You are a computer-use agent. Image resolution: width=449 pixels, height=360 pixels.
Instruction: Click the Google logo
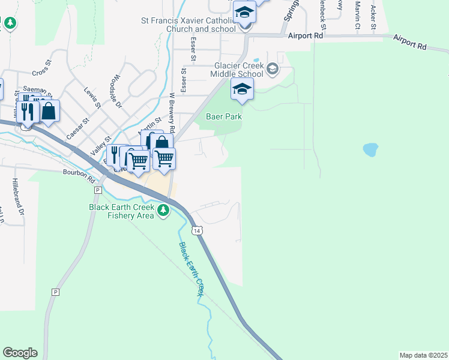pyautogui.click(x=20, y=353)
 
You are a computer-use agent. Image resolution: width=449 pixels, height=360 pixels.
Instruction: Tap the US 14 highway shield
pyautogui.click(x=196, y=230)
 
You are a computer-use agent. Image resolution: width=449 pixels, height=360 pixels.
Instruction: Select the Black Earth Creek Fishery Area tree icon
pyautogui.click(x=163, y=210)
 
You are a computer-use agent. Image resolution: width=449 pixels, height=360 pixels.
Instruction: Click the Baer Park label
pyautogui.click(x=224, y=116)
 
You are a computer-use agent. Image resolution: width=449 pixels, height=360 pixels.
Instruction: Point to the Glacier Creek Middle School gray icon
pyautogui.click(x=273, y=70)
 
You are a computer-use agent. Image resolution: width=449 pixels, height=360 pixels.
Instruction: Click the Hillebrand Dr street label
pyautogui.click(x=17, y=198)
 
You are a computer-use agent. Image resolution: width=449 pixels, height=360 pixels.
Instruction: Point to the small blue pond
pyautogui.click(x=370, y=149)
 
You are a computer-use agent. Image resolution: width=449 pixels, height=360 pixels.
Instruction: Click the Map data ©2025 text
pyautogui.click(x=423, y=355)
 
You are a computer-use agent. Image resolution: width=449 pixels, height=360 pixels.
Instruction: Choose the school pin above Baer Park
pyautogui.click(x=242, y=89)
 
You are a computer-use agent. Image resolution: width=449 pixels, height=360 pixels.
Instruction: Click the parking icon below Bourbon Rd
pyautogui.click(x=97, y=190)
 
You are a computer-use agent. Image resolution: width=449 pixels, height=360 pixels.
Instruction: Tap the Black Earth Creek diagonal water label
pyautogui.click(x=191, y=269)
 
